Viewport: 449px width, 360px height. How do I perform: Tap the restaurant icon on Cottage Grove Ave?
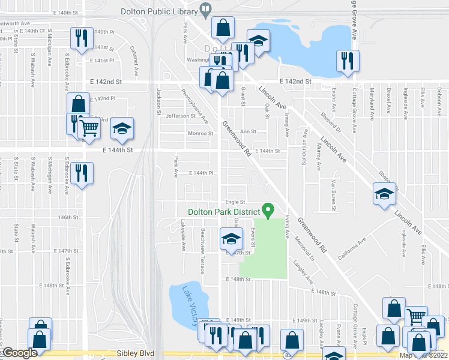click(348, 60)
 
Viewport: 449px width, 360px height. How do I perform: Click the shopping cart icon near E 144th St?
click(89, 127)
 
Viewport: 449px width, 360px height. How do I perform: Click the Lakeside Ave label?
click(183, 230)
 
